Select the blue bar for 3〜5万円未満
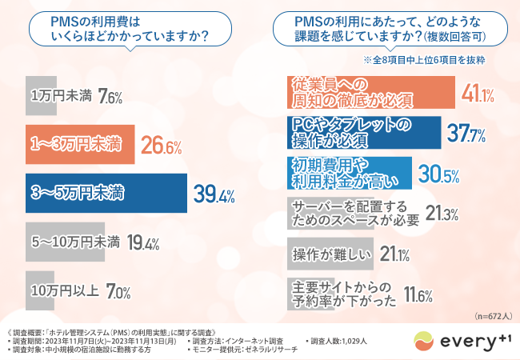[103, 193]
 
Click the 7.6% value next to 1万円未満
[110, 98]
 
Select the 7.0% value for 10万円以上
[113, 290]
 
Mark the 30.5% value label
[439, 174]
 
